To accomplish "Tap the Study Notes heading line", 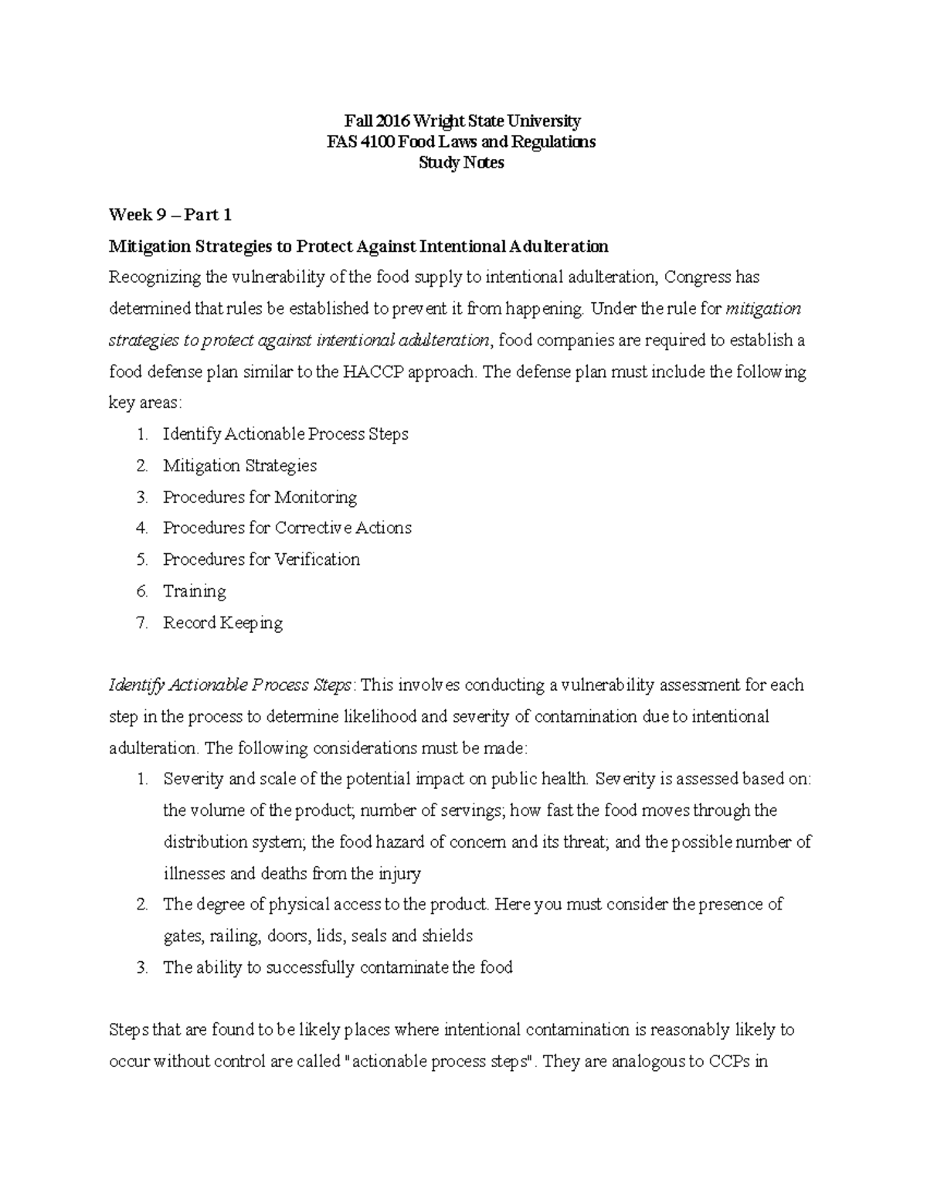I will (461, 163).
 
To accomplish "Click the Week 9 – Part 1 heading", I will (170, 215).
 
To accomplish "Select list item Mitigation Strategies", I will (239, 466).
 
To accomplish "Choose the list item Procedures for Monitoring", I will (260, 497).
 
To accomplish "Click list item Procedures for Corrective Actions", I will (287, 529).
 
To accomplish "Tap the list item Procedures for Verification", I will (261, 559).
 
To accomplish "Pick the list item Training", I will (194, 591).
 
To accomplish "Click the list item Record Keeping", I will (222, 623).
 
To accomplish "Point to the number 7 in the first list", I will (141, 623).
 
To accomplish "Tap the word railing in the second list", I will (234, 937).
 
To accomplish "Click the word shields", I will (447, 937).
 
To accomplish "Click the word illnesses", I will (195, 874).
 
